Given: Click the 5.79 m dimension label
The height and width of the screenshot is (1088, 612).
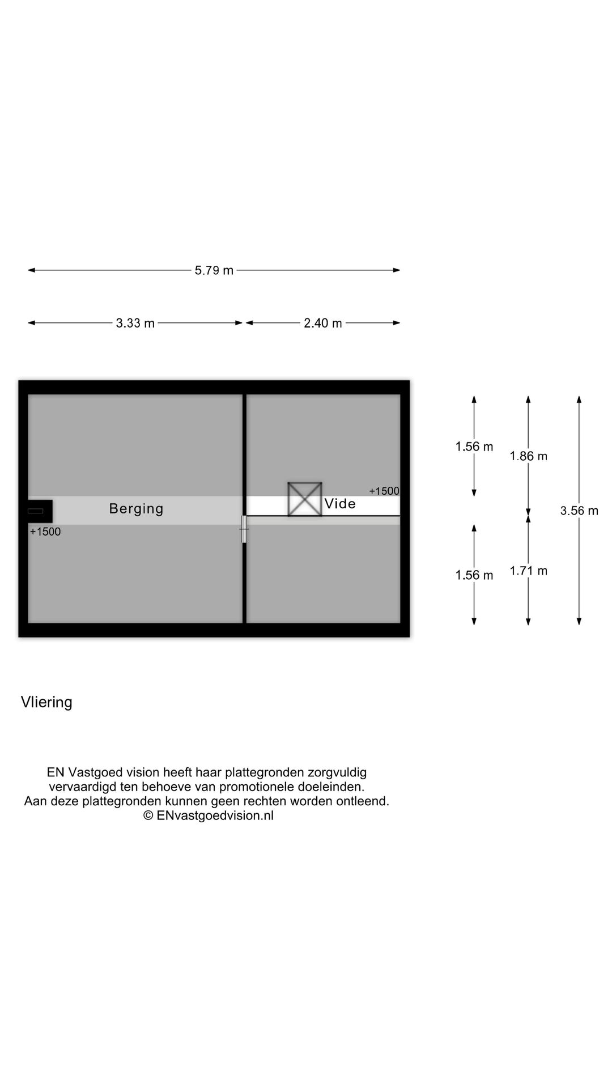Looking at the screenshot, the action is click(x=214, y=270).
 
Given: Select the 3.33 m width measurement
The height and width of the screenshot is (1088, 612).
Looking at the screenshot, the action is click(x=135, y=323).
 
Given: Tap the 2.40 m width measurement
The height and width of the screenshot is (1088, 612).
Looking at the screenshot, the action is click(x=323, y=323).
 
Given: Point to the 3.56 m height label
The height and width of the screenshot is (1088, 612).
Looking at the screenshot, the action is click(x=579, y=511).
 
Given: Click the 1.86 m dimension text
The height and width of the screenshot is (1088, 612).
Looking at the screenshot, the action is click(x=528, y=456).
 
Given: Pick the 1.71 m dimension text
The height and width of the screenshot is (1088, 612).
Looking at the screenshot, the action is click(x=528, y=571).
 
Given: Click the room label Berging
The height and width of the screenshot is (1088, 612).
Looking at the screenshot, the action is click(x=136, y=509).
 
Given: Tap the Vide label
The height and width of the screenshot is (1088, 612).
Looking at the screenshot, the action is click(x=340, y=503).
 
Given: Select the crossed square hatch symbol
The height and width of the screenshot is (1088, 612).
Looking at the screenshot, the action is click(x=305, y=499).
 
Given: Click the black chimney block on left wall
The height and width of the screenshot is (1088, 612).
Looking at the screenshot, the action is click(x=40, y=511).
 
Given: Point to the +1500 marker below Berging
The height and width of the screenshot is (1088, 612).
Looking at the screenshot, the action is click(x=45, y=532).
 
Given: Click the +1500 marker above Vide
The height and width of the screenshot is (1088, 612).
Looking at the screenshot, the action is click(x=384, y=491).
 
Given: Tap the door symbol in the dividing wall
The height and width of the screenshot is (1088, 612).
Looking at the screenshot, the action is click(x=244, y=529).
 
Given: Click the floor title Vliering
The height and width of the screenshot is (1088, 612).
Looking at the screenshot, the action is click(x=46, y=702).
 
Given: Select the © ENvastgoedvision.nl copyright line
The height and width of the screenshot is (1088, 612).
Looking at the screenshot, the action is click(x=209, y=815).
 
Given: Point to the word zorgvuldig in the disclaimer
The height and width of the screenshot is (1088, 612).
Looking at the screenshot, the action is click(x=337, y=773).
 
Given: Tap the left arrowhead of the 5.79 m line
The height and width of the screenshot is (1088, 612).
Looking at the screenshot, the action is click(x=32, y=270).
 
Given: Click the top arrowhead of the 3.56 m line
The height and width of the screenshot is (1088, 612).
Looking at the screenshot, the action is click(x=579, y=399).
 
